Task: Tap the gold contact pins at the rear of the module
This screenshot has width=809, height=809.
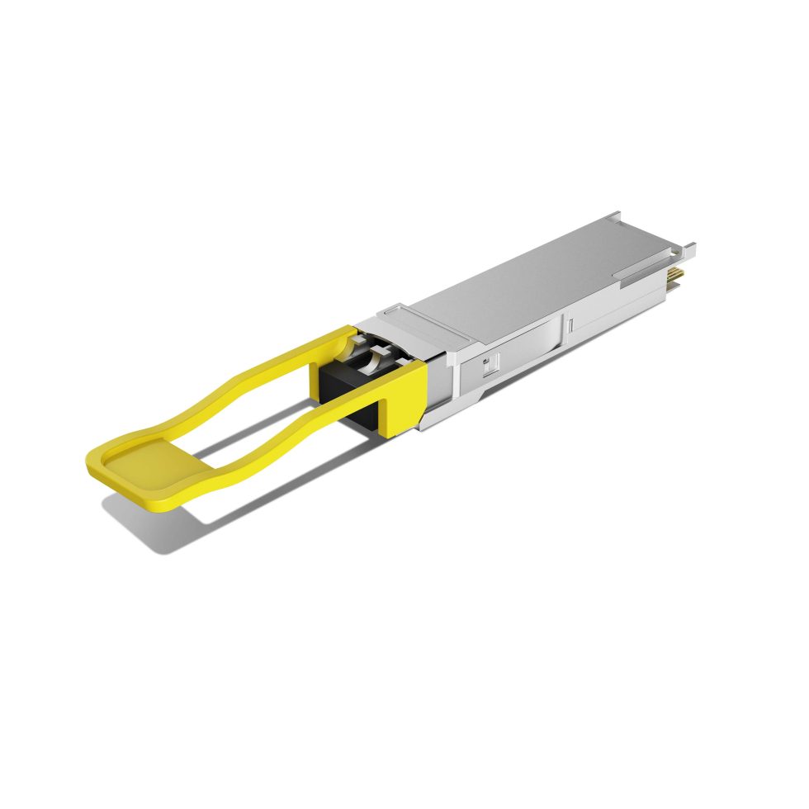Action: pyautogui.click(x=678, y=272)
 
